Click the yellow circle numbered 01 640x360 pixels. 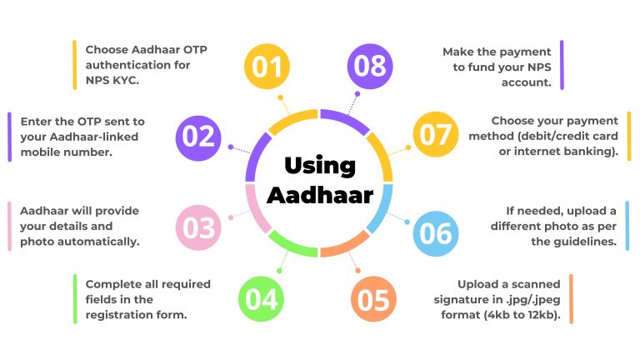pyautogui.click(x=267, y=66)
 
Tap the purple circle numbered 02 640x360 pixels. pyautogui.click(x=198, y=138)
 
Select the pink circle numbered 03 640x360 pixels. pyautogui.click(x=198, y=227)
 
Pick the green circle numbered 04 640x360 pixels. pyautogui.click(x=261, y=299)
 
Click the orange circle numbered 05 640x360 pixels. pyautogui.click(x=373, y=299)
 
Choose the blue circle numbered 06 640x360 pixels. pyautogui.click(x=436, y=233)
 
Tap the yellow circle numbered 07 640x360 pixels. pyautogui.click(x=436, y=134)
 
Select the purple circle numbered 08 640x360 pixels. pyautogui.click(x=370, y=66)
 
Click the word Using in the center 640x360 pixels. pyautogui.click(x=320, y=166)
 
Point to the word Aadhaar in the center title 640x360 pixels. pyautogui.click(x=320, y=195)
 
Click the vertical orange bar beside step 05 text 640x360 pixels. pyautogui.click(x=571, y=299)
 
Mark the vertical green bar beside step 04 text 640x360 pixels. pyautogui.click(x=75, y=299)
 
